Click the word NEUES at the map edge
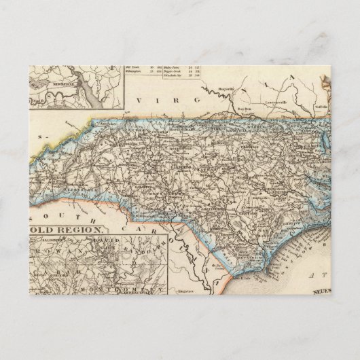click(x=319, y=291)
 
